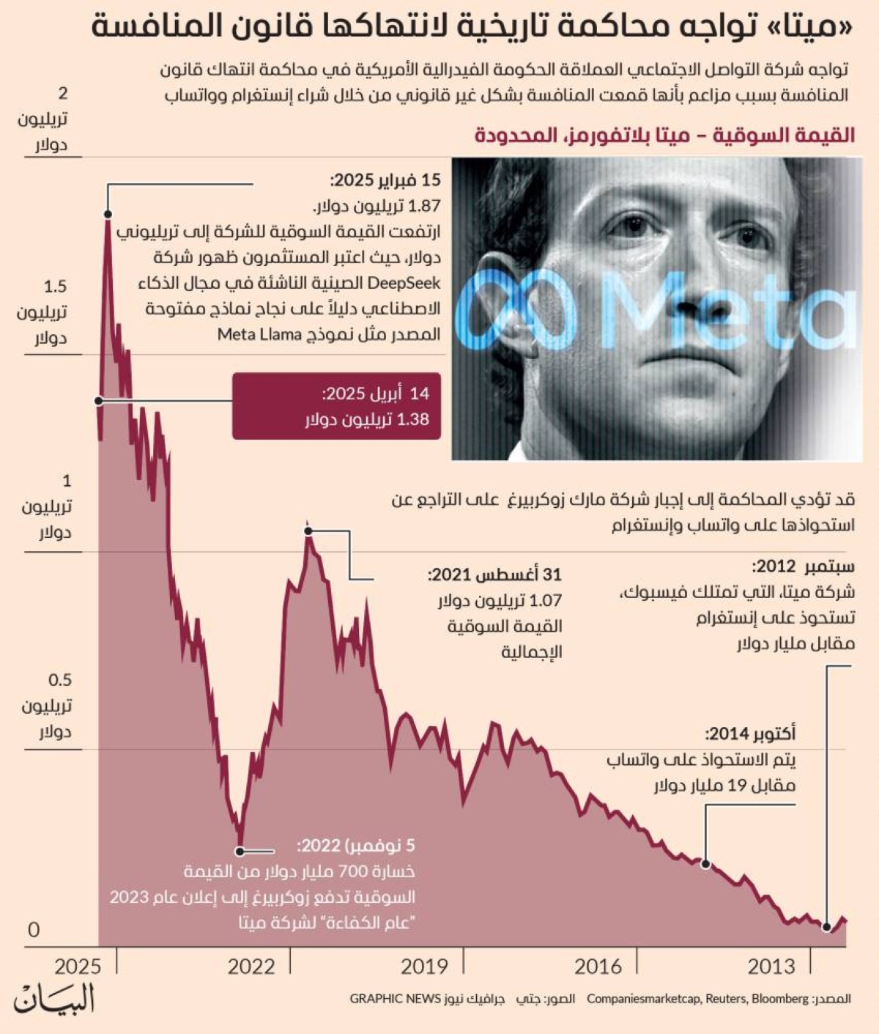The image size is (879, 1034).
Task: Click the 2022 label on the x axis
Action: [x=251, y=967]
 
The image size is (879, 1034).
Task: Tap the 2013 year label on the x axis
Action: [x=771, y=967]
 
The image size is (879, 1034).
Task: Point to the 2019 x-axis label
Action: [x=424, y=967]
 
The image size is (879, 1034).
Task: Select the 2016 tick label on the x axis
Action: [x=598, y=967]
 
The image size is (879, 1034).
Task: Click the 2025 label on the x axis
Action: [x=78, y=967]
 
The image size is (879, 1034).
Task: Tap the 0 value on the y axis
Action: [x=34, y=930]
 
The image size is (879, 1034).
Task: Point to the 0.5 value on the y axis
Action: [x=60, y=680]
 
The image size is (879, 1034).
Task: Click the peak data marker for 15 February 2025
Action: [x=108, y=214]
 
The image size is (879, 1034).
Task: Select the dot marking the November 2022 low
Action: [x=239, y=852]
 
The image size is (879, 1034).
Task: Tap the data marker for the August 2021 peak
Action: [x=308, y=532]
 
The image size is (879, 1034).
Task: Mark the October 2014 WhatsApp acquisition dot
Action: [x=706, y=864]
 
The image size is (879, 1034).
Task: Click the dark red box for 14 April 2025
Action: [x=336, y=406]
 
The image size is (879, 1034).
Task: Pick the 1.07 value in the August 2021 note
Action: [x=546, y=601]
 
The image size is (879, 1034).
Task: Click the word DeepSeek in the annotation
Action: [x=405, y=283]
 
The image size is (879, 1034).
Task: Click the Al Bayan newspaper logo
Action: [x=55, y=1000]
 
